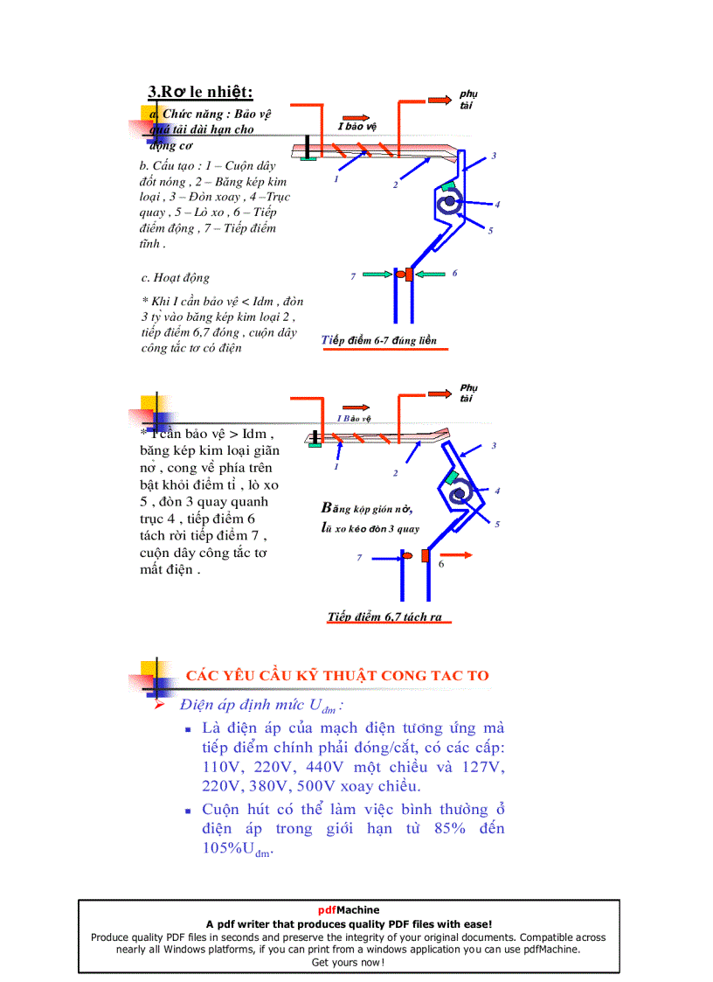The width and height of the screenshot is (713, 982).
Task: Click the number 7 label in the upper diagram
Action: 353,276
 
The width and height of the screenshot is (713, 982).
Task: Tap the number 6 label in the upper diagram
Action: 454,273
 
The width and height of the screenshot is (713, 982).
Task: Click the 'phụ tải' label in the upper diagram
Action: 468,100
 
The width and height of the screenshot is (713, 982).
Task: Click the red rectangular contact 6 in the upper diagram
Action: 409,275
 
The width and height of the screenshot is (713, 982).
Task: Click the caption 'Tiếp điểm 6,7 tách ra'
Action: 385,616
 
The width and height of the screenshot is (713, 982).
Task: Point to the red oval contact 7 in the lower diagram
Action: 408,555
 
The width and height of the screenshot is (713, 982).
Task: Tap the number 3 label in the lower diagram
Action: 494,446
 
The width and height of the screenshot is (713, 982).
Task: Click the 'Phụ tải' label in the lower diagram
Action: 468,393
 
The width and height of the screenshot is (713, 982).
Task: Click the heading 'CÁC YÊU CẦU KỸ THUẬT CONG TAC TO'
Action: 337,675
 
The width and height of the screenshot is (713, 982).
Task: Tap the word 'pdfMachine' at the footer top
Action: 349,909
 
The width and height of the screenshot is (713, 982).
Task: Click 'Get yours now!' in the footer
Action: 348,962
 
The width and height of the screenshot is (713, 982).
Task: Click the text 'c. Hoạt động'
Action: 176,278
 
